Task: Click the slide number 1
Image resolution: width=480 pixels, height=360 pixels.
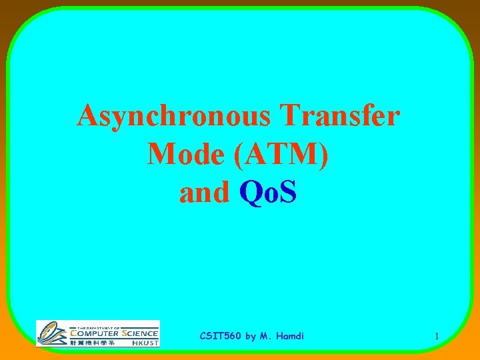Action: click(x=436, y=337)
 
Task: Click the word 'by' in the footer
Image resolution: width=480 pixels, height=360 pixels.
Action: click(x=251, y=337)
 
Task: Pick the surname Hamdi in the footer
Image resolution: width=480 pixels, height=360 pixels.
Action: click(x=289, y=336)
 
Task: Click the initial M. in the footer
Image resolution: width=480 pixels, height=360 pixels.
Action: click(x=266, y=336)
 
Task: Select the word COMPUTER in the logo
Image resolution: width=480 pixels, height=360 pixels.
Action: click(x=95, y=333)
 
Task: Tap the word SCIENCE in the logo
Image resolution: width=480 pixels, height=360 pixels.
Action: click(x=139, y=333)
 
